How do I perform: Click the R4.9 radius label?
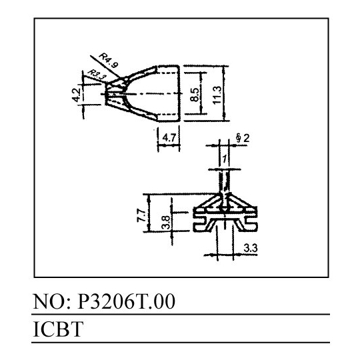(109, 61)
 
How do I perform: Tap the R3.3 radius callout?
(97, 75)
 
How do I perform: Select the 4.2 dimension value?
(76, 95)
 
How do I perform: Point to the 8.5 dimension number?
(195, 95)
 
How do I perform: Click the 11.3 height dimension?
(217, 95)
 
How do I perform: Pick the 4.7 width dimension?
(169, 138)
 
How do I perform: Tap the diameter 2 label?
(243, 138)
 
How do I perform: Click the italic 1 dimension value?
(225, 159)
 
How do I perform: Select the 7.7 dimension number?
(141, 215)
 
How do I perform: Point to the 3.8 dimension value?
(166, 223)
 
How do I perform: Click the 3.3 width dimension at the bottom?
(251, 248)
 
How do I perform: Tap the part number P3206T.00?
(126, 302)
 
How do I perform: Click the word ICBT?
(58, 329)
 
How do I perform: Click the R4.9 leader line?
(105, 67)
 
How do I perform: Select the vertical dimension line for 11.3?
(225, 93)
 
